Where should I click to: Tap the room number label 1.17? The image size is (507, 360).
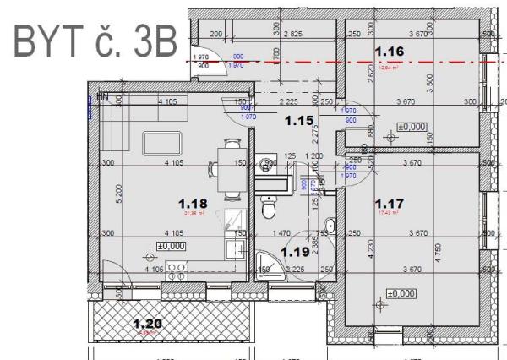(x=388, y=203)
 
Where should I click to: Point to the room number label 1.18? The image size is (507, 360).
(x=193, y=203)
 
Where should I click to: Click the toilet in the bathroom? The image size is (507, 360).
(x=269, y=207)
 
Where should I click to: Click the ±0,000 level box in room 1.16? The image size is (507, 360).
(x=412, y=126)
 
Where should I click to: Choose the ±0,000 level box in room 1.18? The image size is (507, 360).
(x=172, y=246)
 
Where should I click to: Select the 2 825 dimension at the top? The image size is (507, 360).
(x=293, y=34)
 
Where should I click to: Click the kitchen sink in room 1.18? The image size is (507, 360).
(x=236, y=248)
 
